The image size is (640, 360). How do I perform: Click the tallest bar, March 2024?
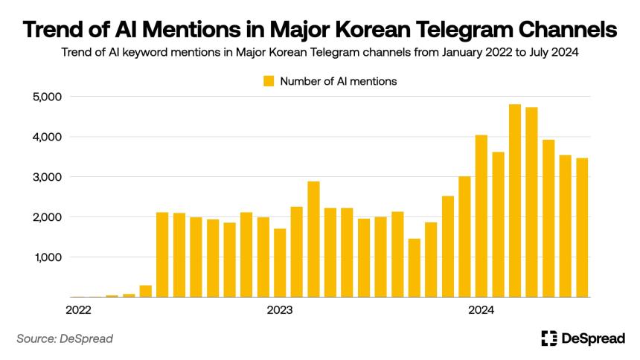pos(515,200)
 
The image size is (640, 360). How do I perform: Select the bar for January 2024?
pos(481,216)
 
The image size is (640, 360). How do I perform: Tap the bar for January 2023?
pos(280,263)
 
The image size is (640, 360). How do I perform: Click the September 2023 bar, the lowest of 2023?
pos(415,268)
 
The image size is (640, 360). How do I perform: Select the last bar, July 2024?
pos(582,228)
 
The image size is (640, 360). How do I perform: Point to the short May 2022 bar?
pos(146,291)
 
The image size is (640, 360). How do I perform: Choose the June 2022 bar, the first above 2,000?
pos(162,254)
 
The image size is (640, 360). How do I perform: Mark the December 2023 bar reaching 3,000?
pos(464,237)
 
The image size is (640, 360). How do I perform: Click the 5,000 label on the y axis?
pos(48,97)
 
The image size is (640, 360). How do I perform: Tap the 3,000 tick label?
pos(48,177)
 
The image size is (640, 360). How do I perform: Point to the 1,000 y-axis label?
pos(48,257)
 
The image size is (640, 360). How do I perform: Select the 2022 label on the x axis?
pos(78,310)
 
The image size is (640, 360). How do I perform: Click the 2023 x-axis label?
pos(280,310)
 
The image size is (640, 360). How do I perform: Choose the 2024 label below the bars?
pos(481,310)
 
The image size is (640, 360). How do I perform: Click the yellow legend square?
pos(269,81)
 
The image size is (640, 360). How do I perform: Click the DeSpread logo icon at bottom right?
pos(549,338)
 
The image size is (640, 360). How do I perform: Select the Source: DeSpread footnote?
pos(65,338)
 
